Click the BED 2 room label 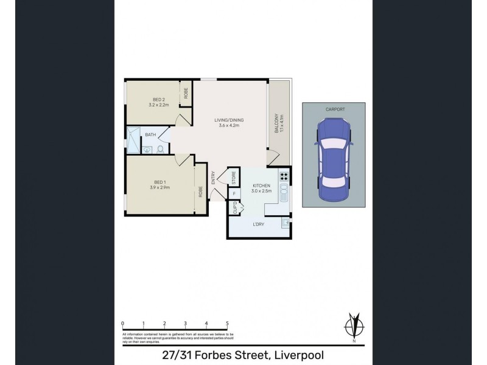click(x=158, y=99)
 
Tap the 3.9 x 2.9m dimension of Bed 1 click(x=159, y=187)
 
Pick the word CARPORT click(x=334, y=109)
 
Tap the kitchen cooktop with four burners click(x=283, y=177)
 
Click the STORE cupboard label click(x=234, y=178)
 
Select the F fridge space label click(x=234, y=194)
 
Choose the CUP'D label click(x=234, y=209)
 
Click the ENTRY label click(x=213, y=177)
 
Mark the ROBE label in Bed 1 click(x=200, y=192)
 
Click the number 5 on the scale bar click(x=227, y=324)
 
